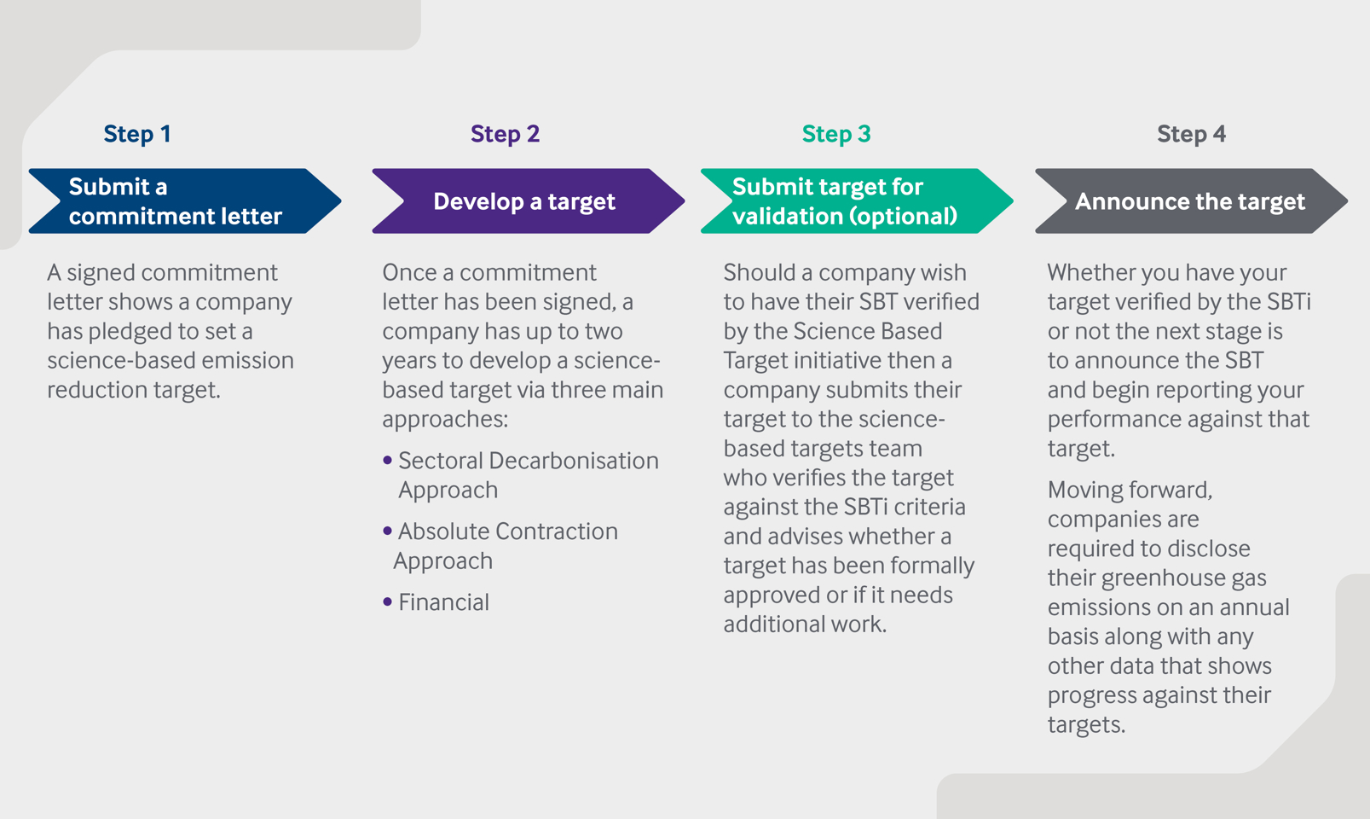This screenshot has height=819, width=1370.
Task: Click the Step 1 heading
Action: tap(137, 133)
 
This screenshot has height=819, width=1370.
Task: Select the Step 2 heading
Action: tap(506, 133)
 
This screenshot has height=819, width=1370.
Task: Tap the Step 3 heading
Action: tap(836, 133)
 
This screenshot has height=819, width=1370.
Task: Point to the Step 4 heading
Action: tap(1192, 133)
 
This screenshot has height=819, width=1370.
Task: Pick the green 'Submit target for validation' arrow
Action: tap(857, 200)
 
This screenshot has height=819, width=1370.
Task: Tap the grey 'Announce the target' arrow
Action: tap(1192, 200)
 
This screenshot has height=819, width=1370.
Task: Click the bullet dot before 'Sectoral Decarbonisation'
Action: tap(387, 461)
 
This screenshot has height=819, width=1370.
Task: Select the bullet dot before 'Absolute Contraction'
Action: tap(387, 531)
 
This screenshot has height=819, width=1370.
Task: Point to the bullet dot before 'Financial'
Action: tap(387, 601)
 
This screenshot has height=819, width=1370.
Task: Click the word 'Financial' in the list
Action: tap(444, 601)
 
